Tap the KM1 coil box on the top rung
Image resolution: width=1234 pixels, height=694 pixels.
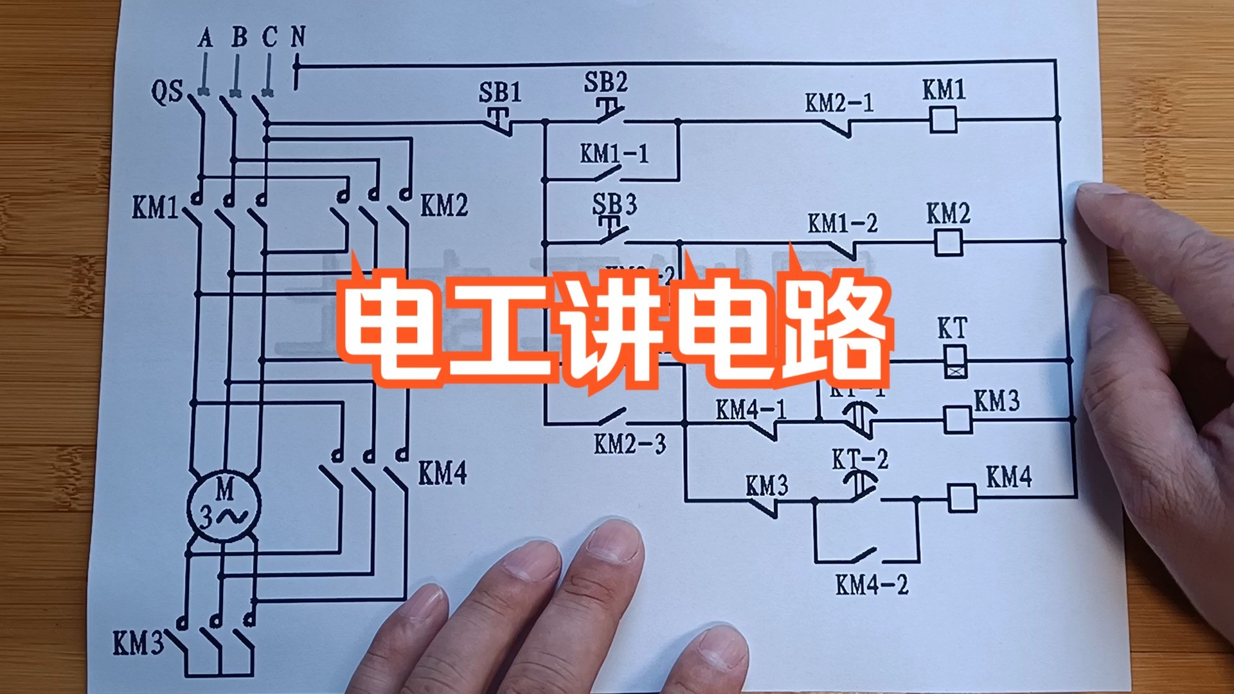pyautogui.click(x=943, y=120)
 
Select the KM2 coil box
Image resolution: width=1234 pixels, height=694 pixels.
pyautogui.click(x=947, y=242)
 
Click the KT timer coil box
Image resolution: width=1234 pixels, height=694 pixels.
pyautogui.click(x=954, y=361)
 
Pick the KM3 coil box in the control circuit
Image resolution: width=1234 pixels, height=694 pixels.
pyautogui.click(x=957, y=420)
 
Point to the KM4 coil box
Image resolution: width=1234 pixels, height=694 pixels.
pyautogui.click(x=961, y=497)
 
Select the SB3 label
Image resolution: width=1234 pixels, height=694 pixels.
pyautogui.click(x=614, y=205)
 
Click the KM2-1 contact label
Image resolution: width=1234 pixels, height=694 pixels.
pyautogui.click(x=839, y=103)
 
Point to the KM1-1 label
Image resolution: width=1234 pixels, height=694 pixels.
pyautogui.click(x=614, y=154)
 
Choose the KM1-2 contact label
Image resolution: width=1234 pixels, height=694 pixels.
pyautogui.click(x=842, y=224)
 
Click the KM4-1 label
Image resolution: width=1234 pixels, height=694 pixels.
pyautogui.click(x=751, y=409)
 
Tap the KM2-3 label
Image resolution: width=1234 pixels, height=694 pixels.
pyautogui.click(x=630, y=444)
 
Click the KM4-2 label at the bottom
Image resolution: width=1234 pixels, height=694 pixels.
pyautogui.click(x=872, y=585)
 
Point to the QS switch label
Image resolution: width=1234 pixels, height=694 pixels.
pyautogui.click(x=166, y=92)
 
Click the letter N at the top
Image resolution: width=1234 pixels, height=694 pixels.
pyautogui.click(x=298, y=37)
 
